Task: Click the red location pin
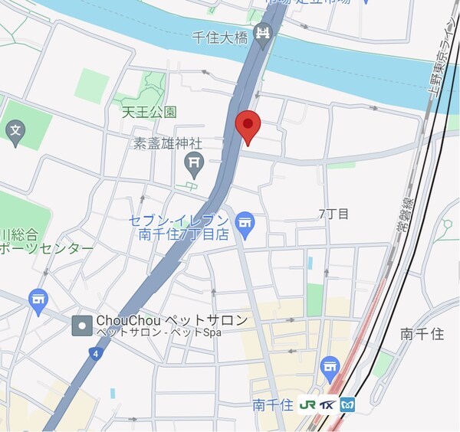[x=248, y=126]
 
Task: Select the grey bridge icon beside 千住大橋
[x=264, y=33]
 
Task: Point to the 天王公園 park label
[x=149, y=112]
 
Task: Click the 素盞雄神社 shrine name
[x=167, y=143]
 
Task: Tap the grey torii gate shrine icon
[x=193, y=162]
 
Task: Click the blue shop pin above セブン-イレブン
[x=245, y=222]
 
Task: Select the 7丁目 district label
[x=333, y=214]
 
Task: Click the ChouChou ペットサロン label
[x=172, y=320]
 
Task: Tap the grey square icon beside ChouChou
[x=81, y=326]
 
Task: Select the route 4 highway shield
[x=94, y=353]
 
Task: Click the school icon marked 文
[x=15, y=132]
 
